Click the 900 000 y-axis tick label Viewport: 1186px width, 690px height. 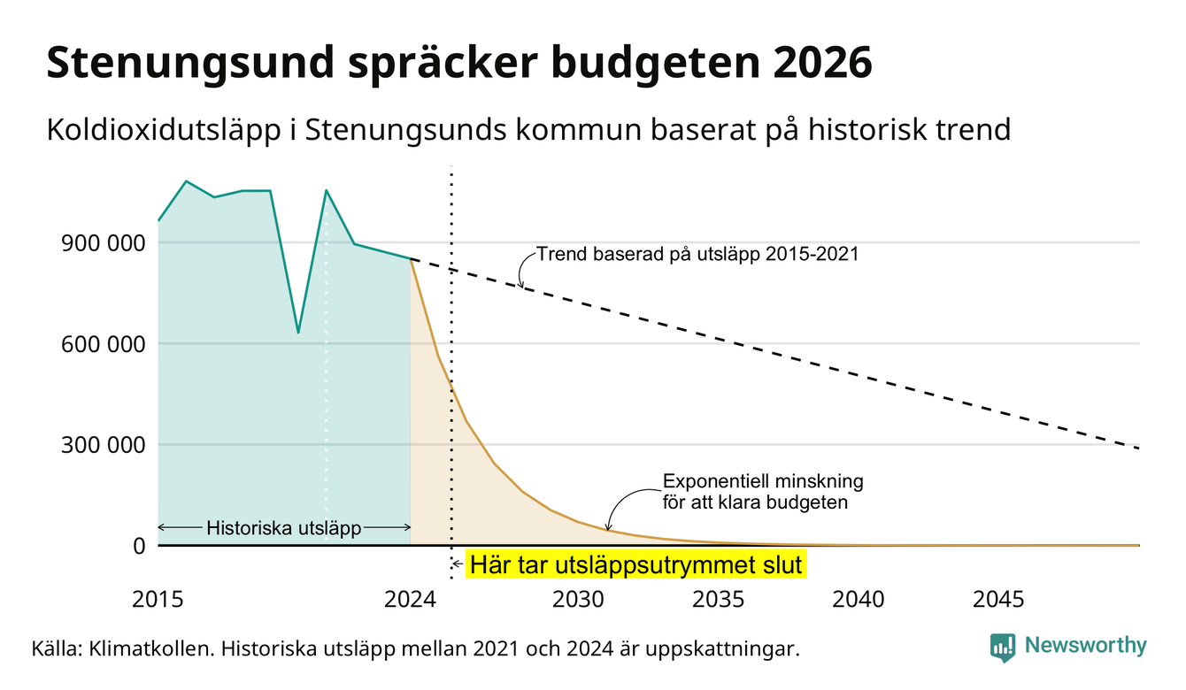coord(103,243)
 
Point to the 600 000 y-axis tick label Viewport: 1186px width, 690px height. coord(103,344)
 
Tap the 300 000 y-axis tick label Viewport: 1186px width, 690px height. coord(103,445)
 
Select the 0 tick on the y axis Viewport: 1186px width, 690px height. coord(139,546)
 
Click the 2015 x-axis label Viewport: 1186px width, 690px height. coord(158,600)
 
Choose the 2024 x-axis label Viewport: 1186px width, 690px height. coord(410,600)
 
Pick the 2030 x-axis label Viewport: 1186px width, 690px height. coord(578,600)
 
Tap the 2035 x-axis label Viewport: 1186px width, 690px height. coord(719,600)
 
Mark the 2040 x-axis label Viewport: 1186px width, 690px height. coord(859,600)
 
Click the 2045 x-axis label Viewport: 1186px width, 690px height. coord(998,600)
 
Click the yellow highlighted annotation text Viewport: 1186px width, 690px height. coord(635,564)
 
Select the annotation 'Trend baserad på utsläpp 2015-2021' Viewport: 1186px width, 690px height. coord(697,255)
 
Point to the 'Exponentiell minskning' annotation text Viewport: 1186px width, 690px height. coord(763,481)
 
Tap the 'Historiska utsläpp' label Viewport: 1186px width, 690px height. coord(284,528)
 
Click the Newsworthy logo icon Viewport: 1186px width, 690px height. coord(1003,648)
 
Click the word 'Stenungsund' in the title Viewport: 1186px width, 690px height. coord(190,64)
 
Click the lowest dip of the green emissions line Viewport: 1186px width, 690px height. coord(298,333)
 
